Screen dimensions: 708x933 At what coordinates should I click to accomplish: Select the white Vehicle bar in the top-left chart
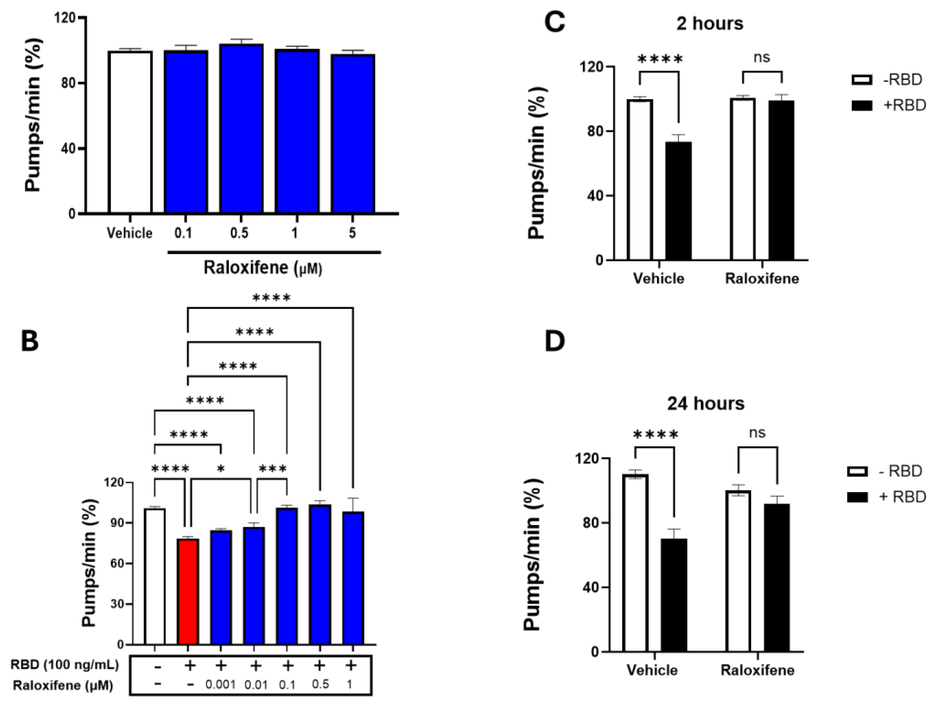pyautogui.click(x=130, y=132)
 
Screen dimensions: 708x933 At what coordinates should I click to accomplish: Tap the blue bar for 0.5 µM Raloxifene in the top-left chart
pyautogui.click(x=241, y=128)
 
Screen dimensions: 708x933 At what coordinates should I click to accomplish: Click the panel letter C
pyautogui.click(x=555, y=22)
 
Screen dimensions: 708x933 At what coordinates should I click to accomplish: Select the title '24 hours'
pyautogui.click(x=706, y=404)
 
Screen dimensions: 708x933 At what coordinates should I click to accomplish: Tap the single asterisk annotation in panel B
pyautogui.click(x=221, y=469)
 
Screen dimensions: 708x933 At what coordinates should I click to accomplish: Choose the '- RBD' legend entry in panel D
pyautogui.click(x=886, y=471)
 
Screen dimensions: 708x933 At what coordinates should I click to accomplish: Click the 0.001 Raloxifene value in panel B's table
pyautogui.click(x=220, y=684)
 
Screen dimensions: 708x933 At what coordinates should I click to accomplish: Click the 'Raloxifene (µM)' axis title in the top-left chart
pyautogui.click(x=263, y=268)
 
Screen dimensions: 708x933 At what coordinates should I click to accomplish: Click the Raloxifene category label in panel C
pyautogui.click(x=762, y=279)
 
